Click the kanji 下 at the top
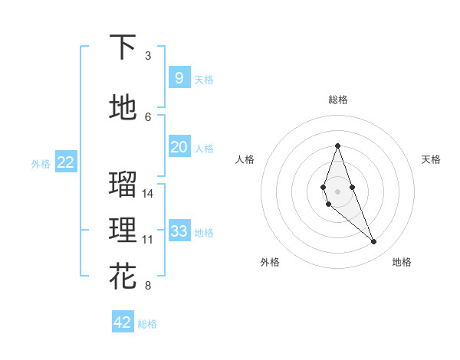(x=123, y=47)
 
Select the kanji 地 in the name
(x=123, y=108)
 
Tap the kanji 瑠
(x=123, y=185)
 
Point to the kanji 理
(x=123, y=231)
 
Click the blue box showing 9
(x=179, y=77)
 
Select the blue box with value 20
(x=179, y=147)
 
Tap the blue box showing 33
(x=179, y=231)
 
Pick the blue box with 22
(x=65, y=162)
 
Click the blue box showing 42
(x=123, y=322)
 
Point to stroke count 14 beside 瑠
(x=148, y=194)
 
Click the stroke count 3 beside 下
(x=148, y=56)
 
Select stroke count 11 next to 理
(x=148, y=240)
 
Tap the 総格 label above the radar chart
(x=338, y=100)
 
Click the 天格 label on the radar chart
(x=432, y=159)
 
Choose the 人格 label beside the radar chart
(x=245, y=159)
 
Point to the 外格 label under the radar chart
(x=270, y=262)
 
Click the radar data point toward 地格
(x=374, y=242)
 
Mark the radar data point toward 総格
(x=337, y=146)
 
